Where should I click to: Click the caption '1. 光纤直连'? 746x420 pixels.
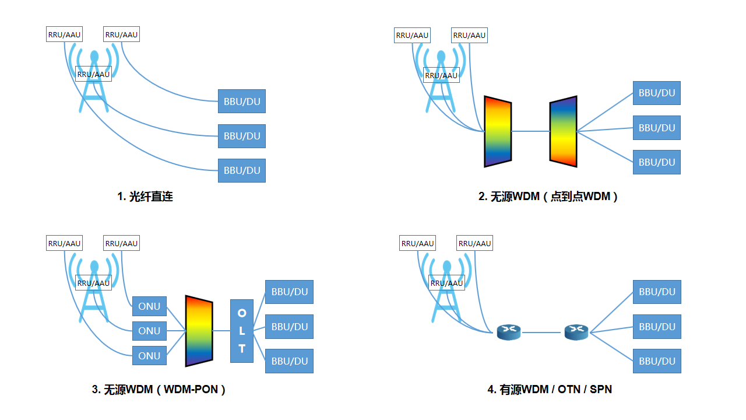[145, 197]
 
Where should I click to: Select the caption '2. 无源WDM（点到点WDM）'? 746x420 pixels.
[548, 197]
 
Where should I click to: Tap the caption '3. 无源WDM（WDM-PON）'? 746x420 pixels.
[159, 390]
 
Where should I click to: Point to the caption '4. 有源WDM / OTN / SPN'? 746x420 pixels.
[550, 389]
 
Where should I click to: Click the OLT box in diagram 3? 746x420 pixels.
[242, 331]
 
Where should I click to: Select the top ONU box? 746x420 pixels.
[149, 306]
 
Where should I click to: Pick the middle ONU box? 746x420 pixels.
[149, 331]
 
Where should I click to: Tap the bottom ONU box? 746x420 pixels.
[149, 356]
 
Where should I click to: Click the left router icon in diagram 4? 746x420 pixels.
[508, 332]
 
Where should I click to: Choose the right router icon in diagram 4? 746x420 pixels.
[576, 332]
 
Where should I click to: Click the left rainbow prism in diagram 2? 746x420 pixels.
[498, 132]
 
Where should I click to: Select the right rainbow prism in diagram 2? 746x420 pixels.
[563, 132]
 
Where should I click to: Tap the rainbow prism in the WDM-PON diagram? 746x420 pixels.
[199, 331]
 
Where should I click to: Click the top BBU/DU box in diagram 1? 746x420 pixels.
[242, 101]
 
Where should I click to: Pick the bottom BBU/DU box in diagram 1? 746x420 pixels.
[242, 171]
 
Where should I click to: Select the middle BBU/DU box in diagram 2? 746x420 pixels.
[657, 128]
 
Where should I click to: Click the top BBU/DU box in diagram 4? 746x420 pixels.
[657, 292]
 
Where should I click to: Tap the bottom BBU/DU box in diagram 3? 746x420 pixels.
[289, 361]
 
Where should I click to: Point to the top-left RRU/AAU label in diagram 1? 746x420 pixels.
[64, 34]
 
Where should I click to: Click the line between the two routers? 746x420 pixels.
[542, 332]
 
